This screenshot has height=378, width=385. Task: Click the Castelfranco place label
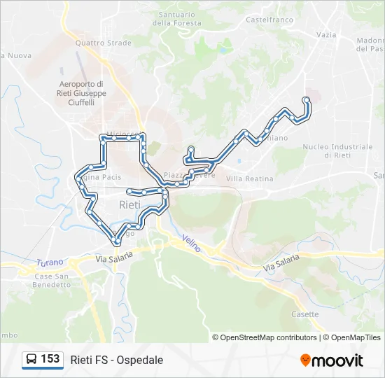(267, 20)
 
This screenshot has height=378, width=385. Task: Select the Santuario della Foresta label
(176, 18)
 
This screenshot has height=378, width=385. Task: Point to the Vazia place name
(325, 34)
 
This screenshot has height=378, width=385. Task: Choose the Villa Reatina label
(250, 179)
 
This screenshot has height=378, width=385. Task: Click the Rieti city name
(129, 205)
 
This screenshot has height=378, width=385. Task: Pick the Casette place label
(305, 314)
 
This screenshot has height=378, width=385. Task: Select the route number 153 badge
(50, 359)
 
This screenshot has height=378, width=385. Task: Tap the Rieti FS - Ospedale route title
(117, 360)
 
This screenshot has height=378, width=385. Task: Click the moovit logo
(332, 360)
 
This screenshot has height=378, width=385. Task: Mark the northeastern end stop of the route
(306, 100)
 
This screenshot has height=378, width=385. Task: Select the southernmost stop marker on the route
(116, 241)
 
